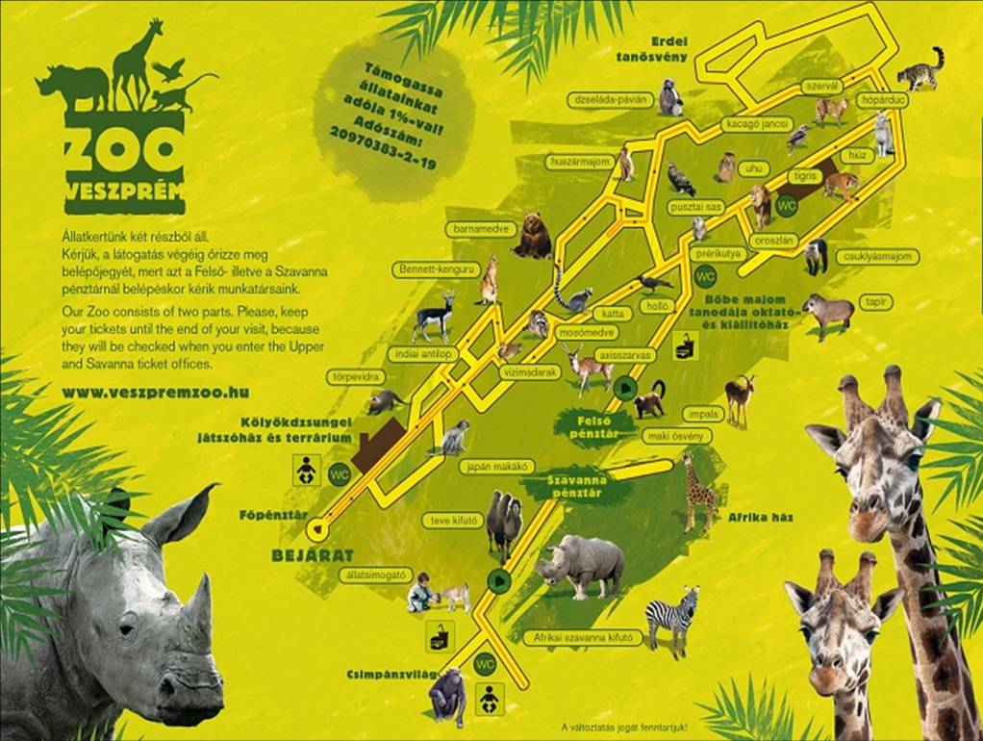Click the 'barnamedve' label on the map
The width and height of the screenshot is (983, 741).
click(475, 230)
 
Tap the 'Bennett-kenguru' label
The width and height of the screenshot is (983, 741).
click(436, 270)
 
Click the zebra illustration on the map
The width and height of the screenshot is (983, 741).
click(672, 620)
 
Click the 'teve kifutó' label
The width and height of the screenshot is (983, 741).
click(450, 521)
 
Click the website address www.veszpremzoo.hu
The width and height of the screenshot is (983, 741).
click(155, 393)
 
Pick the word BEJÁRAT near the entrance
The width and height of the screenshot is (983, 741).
click(299, 555)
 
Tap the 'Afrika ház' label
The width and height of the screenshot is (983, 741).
click(760, 518)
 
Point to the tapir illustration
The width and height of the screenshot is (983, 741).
click(827, 313)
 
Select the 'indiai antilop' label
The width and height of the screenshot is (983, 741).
click(424, 355)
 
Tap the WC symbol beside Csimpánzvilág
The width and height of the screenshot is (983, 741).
click(485, 663)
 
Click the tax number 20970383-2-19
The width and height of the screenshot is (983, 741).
click(383, 146)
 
